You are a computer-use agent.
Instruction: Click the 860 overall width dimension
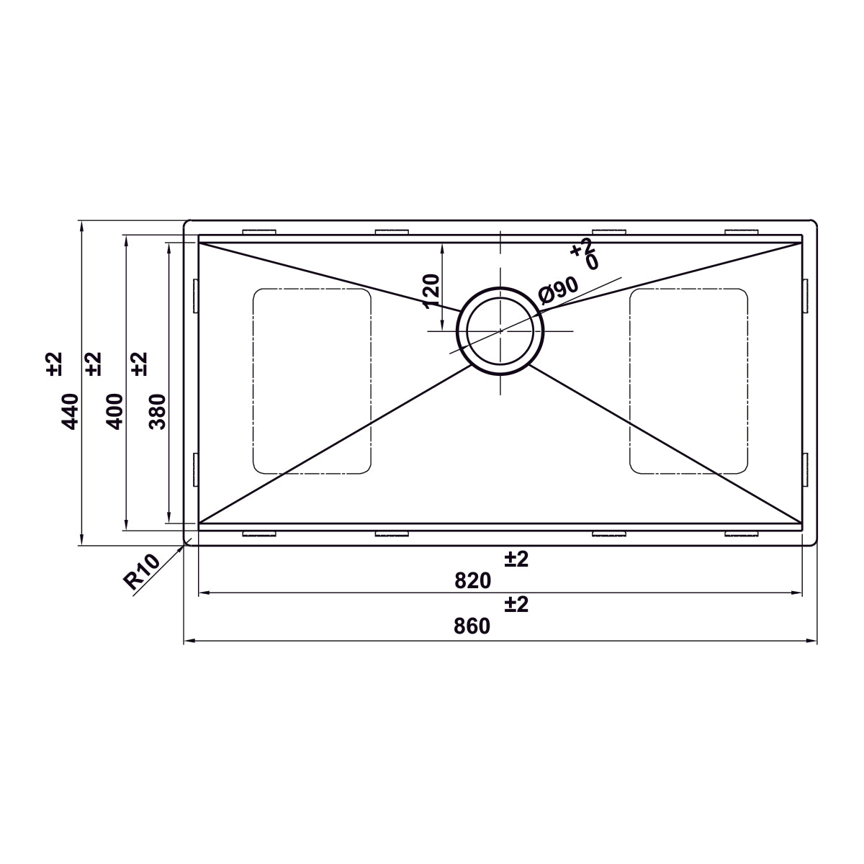472,626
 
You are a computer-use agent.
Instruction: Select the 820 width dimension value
472,580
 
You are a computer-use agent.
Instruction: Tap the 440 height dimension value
70,411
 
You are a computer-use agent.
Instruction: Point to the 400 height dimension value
114,411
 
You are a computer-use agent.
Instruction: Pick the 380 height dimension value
158,411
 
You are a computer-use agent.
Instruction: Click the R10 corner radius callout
141,572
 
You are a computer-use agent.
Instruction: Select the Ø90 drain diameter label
559,290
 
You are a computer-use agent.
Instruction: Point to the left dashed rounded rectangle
312,381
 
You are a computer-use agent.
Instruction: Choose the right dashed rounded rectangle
688,381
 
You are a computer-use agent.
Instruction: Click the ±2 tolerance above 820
516,559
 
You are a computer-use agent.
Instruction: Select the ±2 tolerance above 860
516,604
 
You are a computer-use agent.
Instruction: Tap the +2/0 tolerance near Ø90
585,254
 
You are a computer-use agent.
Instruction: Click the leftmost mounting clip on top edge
260,232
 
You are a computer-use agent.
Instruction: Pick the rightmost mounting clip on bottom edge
742,534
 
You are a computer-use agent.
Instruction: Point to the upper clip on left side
195,295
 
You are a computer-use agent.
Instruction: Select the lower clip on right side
806,469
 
